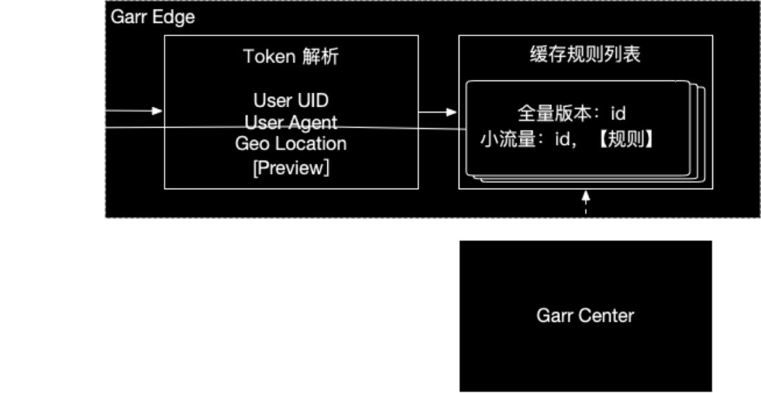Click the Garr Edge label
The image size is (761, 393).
pos(153,18)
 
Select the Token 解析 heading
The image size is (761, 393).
pos(291,57)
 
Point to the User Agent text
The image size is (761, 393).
pos(291,122)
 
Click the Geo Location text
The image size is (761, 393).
pos(291,144)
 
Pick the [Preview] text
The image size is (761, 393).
pos(291,168)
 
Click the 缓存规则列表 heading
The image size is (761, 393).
pos(585,56)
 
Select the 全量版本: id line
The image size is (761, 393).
pos(571,113)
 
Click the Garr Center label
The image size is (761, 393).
pos(585,315)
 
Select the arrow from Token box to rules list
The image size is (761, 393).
pos(438,111)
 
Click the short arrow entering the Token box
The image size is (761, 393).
pos(135,111)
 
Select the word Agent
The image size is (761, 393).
pos(313,122)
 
